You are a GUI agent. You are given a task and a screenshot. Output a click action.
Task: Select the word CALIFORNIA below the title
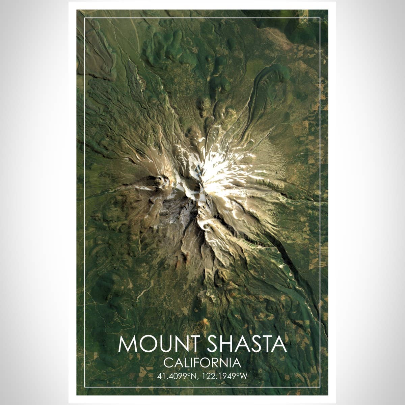(x=202, y=363)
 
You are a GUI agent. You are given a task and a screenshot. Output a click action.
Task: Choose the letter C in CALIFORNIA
(x=168, y=363)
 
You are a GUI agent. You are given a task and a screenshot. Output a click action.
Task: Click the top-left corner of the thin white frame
(x=85, y=18)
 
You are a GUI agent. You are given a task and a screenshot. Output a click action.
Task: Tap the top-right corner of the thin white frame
(x=320, y=18)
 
